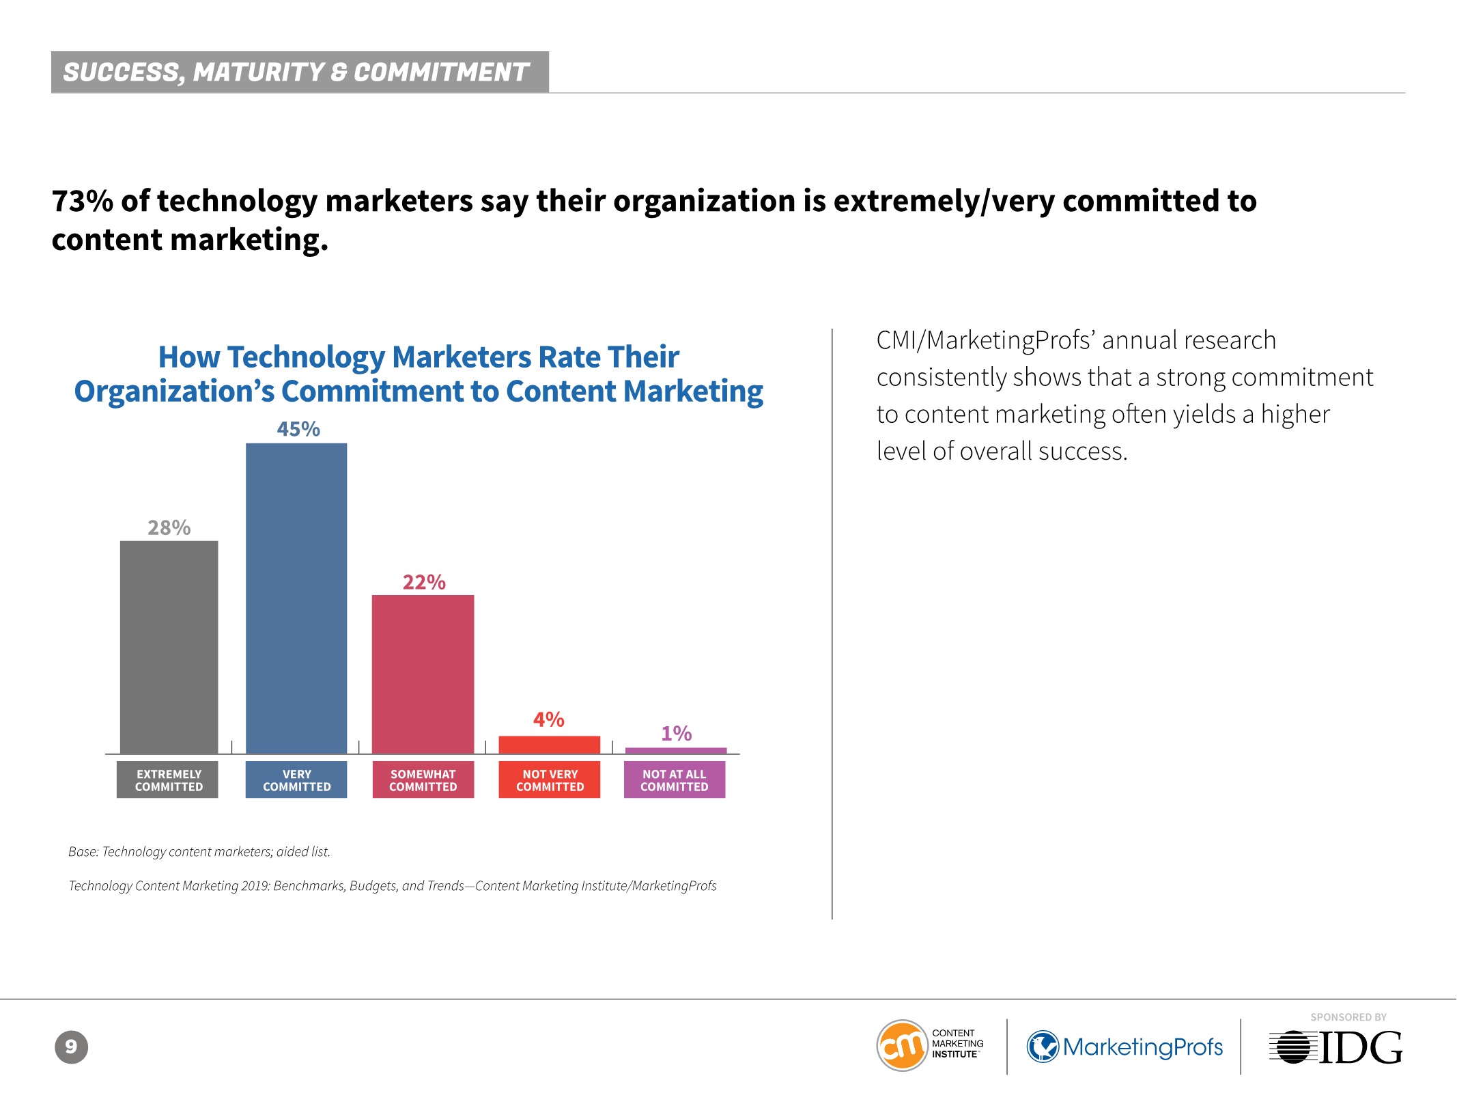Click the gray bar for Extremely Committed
[x=169, y=647]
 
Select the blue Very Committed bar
[x=296, y=598]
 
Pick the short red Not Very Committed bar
[x=550, y=745]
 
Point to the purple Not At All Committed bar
[x=676, y=751]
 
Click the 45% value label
[x=298, y=429]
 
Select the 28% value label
[x=169, y=527]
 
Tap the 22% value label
[x=424, y=582]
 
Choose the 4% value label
[x=549, y=719]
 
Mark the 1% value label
[x=677, y=734]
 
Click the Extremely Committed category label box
[x=168, y=779]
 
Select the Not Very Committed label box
[x=550, y=779]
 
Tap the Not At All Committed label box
[x=675, y=779]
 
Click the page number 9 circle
[x=71, y=1047]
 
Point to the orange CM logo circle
[x=902, y=1045]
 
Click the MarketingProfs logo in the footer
[x=1125, y=1047]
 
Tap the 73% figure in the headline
[x=82, y=201]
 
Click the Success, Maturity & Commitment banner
[x=300, y=72]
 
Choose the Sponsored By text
[x=1348, y=1017]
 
